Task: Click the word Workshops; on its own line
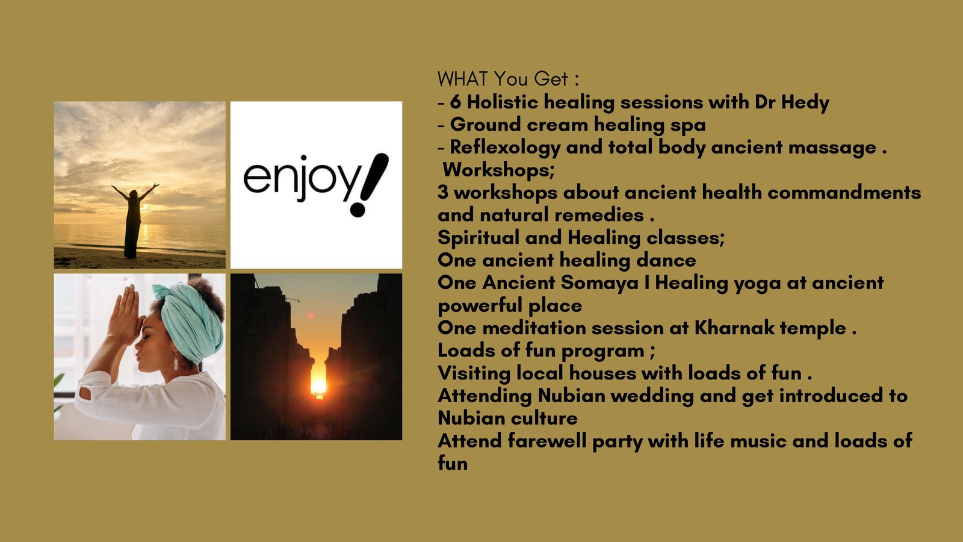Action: click(499, 170)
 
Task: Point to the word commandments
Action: click(844, 192)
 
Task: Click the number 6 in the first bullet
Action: click(455, 103)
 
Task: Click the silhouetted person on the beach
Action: click(133, 221)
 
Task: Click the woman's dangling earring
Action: click(176, 361)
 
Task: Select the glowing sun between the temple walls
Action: click(318, 386)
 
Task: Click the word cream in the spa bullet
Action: click(557, 125)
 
